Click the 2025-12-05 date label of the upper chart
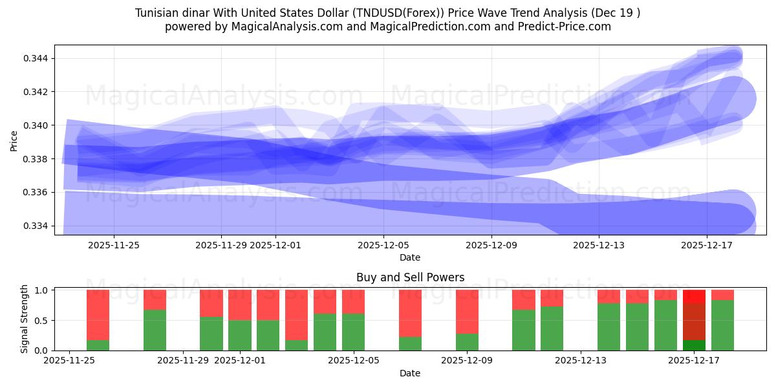pos(383,245)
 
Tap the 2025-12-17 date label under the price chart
pos(707,245)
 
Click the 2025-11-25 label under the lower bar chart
pos(69,361)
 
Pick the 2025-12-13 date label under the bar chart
pos(580,361)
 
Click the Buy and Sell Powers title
pos(410,277)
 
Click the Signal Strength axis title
pos(24,319)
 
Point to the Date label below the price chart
pos(410,257)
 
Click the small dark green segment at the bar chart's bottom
pos(694,345)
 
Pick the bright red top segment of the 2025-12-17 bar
pos(694,296)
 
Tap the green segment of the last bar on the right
pos(722,325)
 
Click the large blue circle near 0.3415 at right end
pos(733,99)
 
